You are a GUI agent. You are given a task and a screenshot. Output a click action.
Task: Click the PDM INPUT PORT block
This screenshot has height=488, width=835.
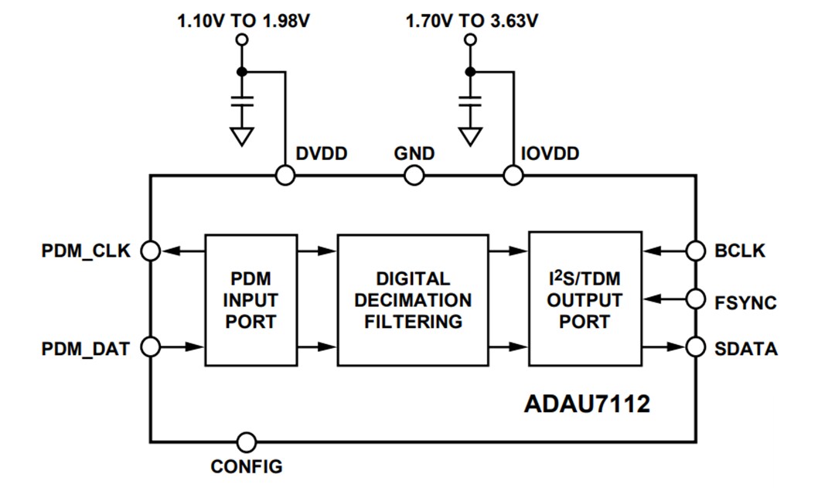point(250,299)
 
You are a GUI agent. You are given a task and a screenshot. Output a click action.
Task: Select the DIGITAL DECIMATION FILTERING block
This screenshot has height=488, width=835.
point(413,299)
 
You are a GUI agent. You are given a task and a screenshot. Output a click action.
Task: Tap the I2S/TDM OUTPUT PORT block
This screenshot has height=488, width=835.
point(584,299)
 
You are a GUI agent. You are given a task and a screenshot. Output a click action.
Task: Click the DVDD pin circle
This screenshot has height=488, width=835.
point(285,176)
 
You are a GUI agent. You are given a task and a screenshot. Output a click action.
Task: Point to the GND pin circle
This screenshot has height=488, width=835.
point(414,176)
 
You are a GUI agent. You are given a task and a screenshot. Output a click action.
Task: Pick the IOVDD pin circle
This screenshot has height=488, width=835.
point(512,176)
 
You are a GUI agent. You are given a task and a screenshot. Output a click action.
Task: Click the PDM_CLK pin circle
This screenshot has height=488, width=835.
point(151,251)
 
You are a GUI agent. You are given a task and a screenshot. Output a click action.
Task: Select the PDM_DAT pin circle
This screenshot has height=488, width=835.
point(151,347)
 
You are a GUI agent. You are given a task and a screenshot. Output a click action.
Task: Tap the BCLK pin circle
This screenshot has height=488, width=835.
point(696,251)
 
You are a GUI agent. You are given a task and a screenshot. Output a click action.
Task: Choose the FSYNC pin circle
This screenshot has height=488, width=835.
point(696,299)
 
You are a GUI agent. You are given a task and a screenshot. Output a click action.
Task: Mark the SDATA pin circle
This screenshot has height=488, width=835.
point(696,347)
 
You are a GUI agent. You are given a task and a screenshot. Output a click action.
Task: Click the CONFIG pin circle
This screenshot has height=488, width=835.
point(247,442)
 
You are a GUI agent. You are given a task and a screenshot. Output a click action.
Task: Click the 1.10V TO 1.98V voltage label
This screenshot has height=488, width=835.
point(244,21)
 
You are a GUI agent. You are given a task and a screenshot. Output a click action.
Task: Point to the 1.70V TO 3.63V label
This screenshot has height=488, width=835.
point(472,21)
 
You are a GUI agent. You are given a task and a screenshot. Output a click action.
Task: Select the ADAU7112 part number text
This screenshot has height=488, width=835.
point(587,404)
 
